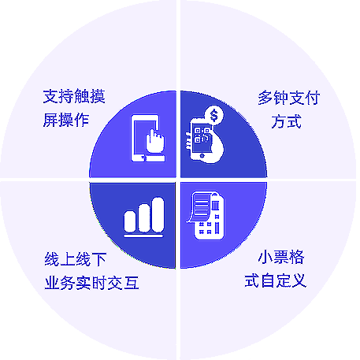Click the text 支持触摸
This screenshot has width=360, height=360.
pos(74,96)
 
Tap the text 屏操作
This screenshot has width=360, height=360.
pos(66,120)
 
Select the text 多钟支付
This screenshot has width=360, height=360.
pos(288,98)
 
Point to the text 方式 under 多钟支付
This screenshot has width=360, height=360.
pos(286,121)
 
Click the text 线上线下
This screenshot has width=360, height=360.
pos(76,259)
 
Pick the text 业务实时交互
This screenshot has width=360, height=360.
pos(91,283)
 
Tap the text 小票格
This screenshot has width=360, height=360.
pos(281,257)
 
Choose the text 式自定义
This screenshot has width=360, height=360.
pos(276,280)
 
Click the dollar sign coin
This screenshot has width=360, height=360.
pos(214,115)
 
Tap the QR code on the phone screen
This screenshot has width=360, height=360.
pos(202,135)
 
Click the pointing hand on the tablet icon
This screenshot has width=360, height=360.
pos(155,141)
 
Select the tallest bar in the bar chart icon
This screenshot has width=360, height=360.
pos(158,215)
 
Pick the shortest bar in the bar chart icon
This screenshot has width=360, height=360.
pos(130,221)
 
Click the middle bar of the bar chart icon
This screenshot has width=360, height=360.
pos(144,218)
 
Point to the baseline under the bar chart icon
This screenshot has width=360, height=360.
pos(144,236)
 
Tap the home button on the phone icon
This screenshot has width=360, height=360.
pos(202,156)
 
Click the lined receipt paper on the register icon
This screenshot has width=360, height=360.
pos(200,206)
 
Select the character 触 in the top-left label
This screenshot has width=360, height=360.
pos(82,96)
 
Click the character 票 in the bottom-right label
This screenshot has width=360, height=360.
pos(281,257)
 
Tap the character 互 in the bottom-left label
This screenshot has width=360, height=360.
pos(132,283)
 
